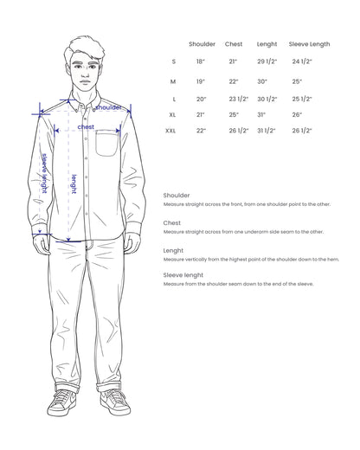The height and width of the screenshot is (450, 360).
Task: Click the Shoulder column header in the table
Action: pyautogui.click(x=202, y=44)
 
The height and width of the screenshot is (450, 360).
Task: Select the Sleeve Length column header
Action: pyautogui.click(x=309, y=44)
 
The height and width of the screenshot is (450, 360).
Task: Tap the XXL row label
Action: pyautogui.click(x=174, y=131)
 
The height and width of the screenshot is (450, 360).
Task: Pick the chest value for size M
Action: pyautogui.click(x=234, y=80)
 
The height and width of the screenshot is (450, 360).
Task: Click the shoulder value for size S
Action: pyautogui.click(x=201, y=62)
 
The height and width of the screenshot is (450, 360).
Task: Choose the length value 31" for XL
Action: pyautogui.click(x=260, y=114)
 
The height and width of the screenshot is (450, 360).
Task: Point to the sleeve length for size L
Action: pyautogui.click(x=302, y=98)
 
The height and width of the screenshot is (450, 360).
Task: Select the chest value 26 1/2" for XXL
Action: pyautogui.click(x=238, y=131)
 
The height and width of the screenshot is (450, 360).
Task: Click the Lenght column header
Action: pyautogui.click(x=267, y=44)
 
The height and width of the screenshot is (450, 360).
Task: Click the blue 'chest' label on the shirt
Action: pyautogui.click(x=86, y=126)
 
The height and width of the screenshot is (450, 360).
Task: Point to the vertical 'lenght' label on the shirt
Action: pyautogui.click(x=74, y=183)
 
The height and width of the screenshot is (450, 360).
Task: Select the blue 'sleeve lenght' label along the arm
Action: pyautogui.click(x=45, y=171)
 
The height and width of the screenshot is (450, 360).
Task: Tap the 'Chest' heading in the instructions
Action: pyautogui.click(x=171, y=223)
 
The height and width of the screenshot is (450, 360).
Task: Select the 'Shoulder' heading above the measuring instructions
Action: pyautogui.click(x=177, y=196)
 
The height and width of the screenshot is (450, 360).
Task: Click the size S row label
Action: pyautogui.click(x=173, y=62)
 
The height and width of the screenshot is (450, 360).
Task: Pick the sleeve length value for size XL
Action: pyautogui.click(x=297, y=114)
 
